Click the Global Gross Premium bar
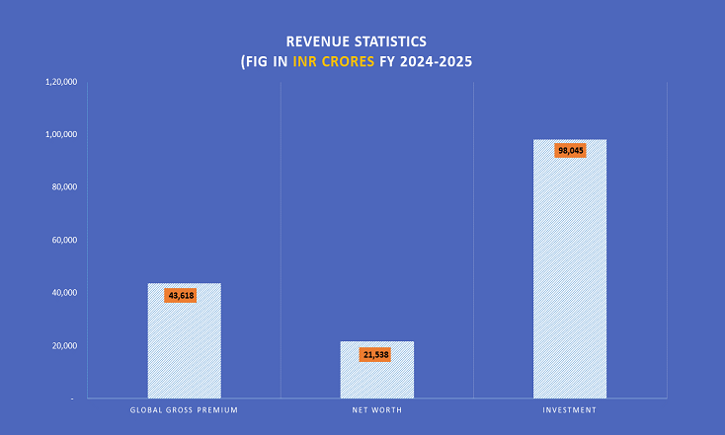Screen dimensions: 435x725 [184, 340]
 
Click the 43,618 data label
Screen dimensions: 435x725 [181, 295]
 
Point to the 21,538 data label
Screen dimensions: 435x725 [374, 353]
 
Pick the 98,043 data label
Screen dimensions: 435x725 [570, 151]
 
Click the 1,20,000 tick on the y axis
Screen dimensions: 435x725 [61, 81]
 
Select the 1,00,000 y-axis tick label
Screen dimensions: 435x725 [61, 134]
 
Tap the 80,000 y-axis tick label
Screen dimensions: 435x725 [64, 187]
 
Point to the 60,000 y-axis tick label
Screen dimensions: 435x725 [64, 240]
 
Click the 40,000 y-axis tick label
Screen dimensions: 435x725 [64, 293]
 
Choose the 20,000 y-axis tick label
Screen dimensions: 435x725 [64, 346]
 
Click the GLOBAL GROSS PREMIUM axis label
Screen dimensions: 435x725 [184, 409]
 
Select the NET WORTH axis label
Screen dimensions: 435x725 [376, 409]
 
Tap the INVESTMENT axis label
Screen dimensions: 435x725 [570, 409]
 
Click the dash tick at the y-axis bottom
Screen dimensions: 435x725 [72, 399]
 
